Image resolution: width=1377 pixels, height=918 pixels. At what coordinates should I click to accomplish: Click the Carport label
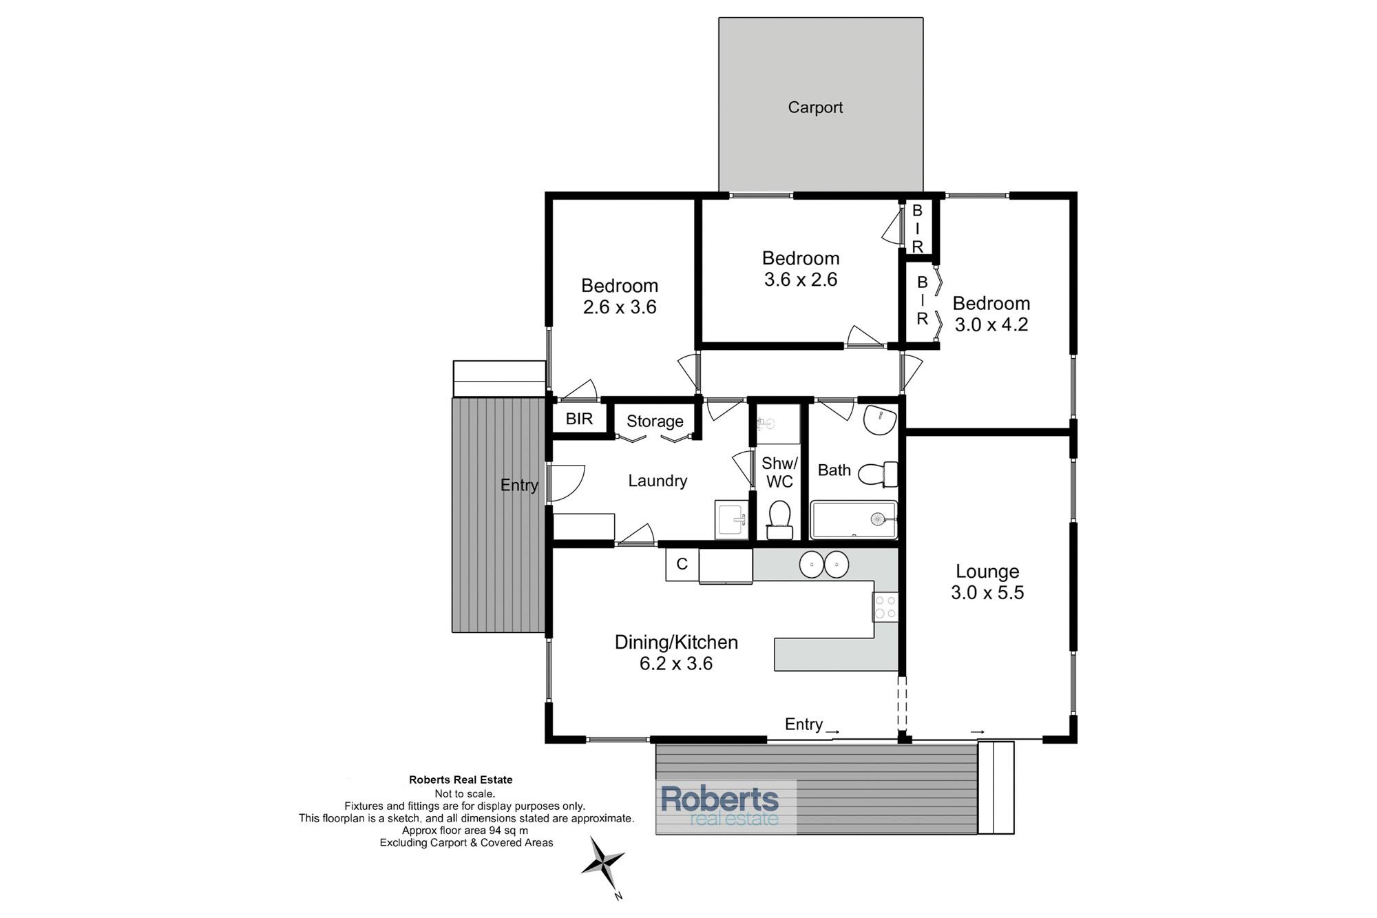815,107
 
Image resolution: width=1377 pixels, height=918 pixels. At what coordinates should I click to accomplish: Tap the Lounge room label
987,571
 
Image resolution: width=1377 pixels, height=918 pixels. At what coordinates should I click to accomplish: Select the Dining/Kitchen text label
676,643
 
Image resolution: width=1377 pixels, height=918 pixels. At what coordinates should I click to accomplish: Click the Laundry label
658,481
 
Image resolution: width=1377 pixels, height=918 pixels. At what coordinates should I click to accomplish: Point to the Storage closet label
655,421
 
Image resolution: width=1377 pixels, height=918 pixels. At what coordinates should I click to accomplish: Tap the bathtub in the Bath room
854,520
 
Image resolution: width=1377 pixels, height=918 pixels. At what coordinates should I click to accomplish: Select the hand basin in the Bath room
881,420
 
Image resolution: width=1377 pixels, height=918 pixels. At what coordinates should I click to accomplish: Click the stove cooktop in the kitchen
885,607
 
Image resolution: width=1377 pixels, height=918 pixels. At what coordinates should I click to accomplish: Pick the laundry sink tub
731,519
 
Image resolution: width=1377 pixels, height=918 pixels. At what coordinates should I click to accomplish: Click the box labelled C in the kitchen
682,565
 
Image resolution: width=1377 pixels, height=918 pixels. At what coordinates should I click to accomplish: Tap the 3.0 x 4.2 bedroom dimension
991,324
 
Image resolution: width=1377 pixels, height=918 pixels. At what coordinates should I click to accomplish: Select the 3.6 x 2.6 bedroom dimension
801,280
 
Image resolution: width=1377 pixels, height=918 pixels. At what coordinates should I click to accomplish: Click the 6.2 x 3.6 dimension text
676,664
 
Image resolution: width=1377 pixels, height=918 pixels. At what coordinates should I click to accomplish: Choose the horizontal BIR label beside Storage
579,419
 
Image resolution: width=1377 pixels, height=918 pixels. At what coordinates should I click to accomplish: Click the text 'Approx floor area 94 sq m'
465,831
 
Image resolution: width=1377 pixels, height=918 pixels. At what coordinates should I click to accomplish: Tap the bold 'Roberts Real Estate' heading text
461,780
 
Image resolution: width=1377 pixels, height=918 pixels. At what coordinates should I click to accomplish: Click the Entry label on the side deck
519,486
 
